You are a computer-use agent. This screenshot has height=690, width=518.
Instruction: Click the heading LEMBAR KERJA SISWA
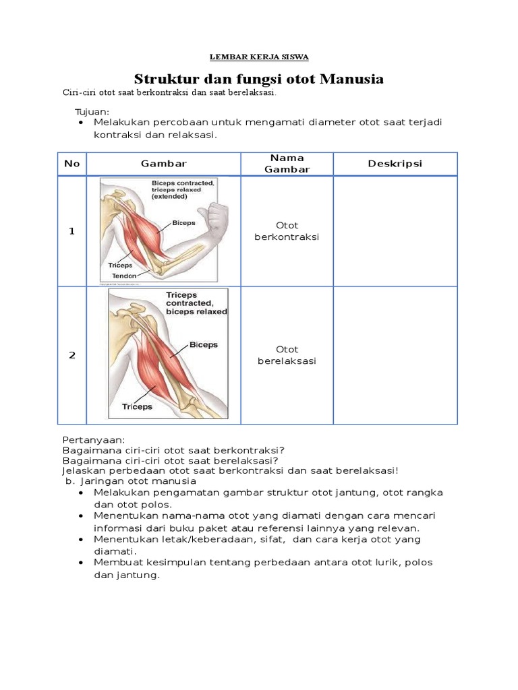tap(259, 57)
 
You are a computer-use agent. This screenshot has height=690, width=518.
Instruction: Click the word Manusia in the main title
tap(351, 79)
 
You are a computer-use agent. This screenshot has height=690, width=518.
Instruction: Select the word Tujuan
tap(92, 112)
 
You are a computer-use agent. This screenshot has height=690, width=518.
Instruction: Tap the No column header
tap(71, 164)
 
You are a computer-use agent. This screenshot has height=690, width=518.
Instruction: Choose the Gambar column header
tap(163, 164)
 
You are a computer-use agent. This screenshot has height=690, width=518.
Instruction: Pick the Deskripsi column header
tap(395, 164)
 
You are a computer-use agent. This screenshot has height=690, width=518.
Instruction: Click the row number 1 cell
tap(71, 231)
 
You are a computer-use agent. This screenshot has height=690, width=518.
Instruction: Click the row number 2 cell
tap(72, 355)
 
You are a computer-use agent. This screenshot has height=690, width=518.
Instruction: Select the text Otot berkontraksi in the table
tap(287, 231)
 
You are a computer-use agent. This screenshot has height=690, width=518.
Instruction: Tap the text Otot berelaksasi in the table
tap(287, 355)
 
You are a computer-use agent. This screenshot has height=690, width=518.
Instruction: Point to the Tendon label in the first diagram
tap(124, 276)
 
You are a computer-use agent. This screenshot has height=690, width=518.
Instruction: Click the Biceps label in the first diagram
tap(183, 222)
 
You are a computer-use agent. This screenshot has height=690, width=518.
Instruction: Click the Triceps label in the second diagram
tap(137, 406)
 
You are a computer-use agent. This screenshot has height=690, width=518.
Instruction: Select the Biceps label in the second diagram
tap(204, 344)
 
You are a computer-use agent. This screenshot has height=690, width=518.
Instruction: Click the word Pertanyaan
tap(94, 440)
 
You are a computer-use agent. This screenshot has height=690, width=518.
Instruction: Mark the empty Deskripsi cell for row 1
tap(395, 232)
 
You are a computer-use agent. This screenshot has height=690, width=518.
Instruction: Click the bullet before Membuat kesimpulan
tap(81, 563)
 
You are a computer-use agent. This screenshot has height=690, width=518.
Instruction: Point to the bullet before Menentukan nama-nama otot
tap(81, 515)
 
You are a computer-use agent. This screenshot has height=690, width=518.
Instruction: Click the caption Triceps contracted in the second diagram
tap(190, 299)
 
